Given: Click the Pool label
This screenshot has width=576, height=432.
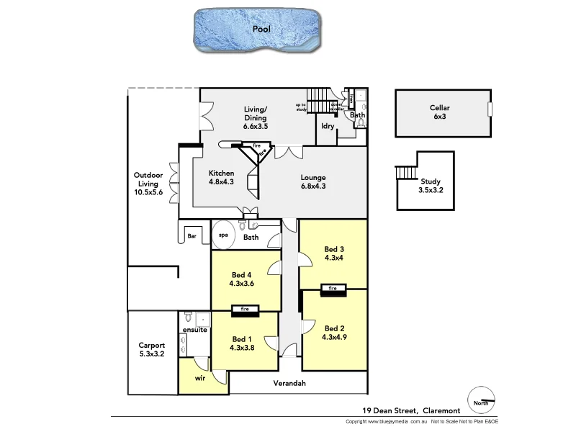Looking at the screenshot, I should coord(261,30).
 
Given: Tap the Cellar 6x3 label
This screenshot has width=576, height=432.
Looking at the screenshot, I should coord(440,113).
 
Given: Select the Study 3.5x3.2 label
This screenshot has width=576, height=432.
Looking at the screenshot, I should coord(431,186).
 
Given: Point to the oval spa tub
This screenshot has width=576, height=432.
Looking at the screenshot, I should coord(223,235).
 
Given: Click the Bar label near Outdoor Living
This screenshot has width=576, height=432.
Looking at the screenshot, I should coord(192,235).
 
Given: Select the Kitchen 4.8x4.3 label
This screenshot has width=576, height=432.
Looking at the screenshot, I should coord(221,178).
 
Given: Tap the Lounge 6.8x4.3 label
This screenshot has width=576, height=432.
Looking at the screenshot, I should coord(313,182).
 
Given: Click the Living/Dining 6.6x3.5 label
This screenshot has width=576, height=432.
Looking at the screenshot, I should coord(255,117).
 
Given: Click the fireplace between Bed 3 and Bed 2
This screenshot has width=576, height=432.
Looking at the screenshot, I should coord(333,289).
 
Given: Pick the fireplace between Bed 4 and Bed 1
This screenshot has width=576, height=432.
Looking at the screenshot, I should coord(245,310).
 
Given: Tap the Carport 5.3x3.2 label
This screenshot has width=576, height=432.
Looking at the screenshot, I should coord(152,349).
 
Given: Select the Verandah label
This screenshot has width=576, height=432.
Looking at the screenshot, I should coord(289,383).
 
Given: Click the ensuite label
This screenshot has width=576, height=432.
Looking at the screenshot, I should coord(194,330).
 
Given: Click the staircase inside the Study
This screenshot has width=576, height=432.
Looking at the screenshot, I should coord(405,174).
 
